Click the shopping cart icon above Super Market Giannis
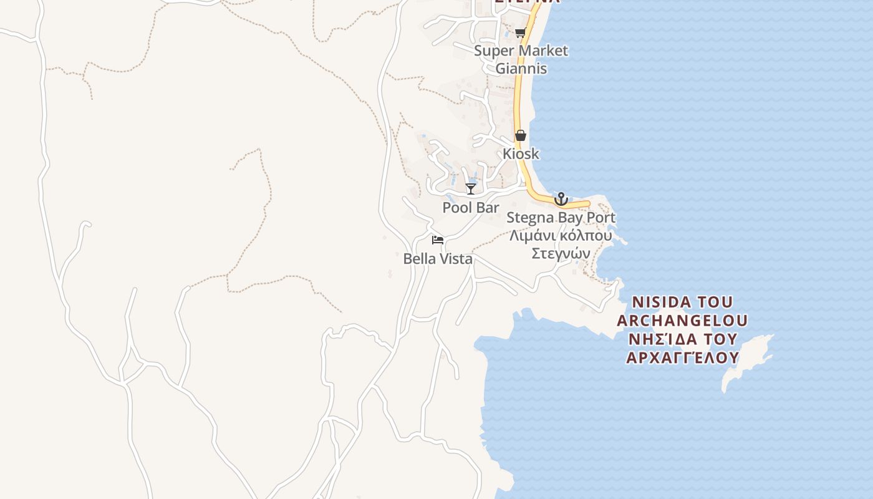click(520, 32)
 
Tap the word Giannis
click(521, 68)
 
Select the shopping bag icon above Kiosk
click(521, 135)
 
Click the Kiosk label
click(521, 153)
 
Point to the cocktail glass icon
click(471, 188)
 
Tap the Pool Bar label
click(471, 207)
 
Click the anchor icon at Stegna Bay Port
click(561, 199)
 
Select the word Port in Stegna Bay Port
click(599, 218)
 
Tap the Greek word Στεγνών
click(561, 253)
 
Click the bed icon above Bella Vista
click(437, 240)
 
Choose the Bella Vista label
click(438, 259)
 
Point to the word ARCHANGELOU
click(682, 321)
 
